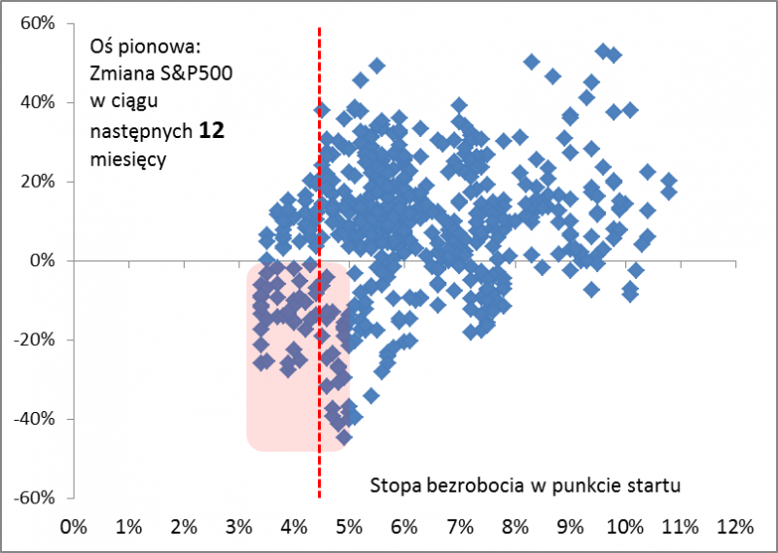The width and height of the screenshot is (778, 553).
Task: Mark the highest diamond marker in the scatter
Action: [603, 52]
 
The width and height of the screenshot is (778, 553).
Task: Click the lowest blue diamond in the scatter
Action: [343, 436]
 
